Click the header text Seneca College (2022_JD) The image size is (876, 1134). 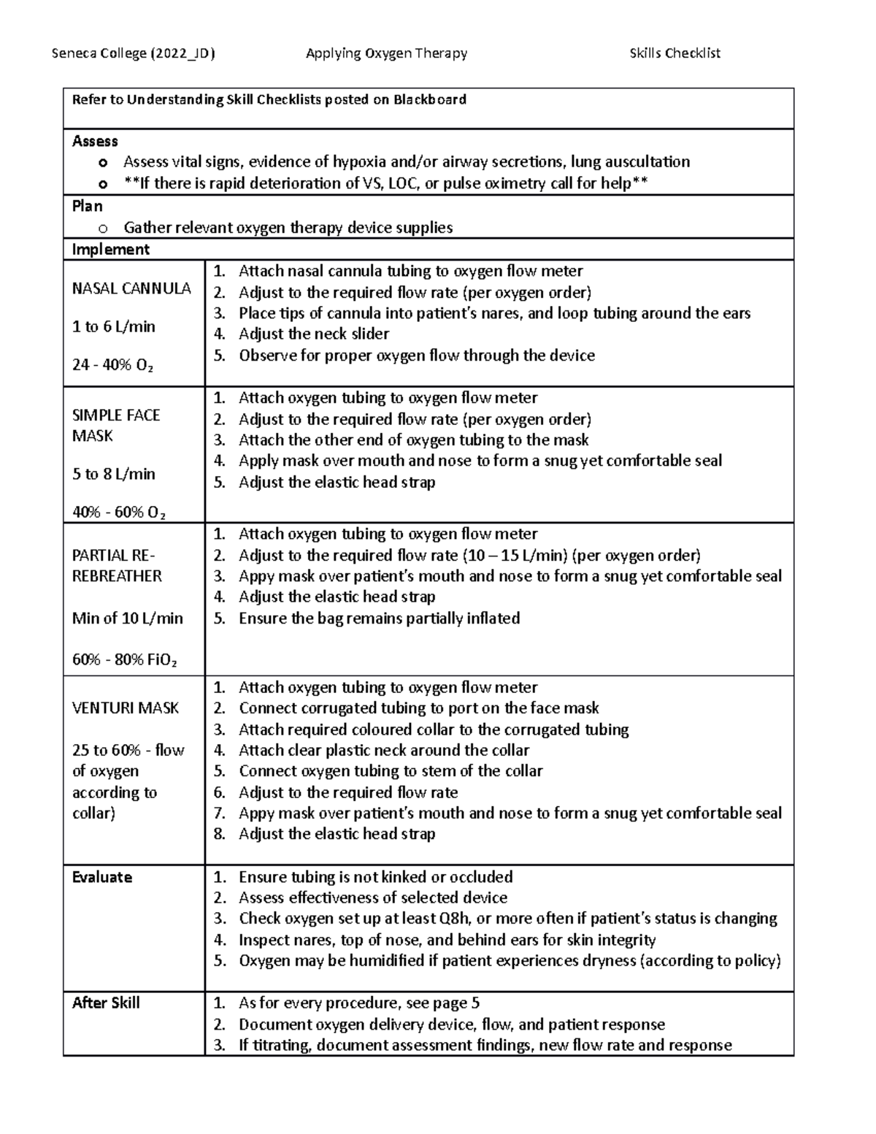click(x=133, y=53)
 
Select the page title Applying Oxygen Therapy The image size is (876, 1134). click(x=386, y=53)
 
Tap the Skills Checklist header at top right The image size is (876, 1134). click(x=675, y=53)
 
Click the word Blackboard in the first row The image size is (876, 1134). click(x=430, y=99)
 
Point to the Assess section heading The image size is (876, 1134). click(x=95, y=141)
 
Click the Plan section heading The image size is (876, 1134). click(x=87, y=206)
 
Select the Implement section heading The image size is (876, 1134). click(x=110, y=250)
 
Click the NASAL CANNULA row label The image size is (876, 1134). click(x=131, y=288)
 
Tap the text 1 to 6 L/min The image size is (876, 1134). click(x=113, y=326)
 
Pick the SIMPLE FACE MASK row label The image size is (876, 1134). click(x=115, y=425)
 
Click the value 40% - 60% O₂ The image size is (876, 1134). click(x=119, y=512)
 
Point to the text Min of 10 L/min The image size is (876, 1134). click(x=127, y=618)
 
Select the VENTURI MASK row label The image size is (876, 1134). click(x=125, y=708)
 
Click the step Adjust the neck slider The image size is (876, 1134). click(x=313, y=334)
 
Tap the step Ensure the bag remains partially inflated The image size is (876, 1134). click(x=379, y=618)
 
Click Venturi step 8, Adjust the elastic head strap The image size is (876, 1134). click(x=337, y=834)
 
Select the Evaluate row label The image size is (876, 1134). click(x=101, y=877)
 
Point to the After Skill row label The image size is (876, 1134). click(x=106, y=1003)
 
